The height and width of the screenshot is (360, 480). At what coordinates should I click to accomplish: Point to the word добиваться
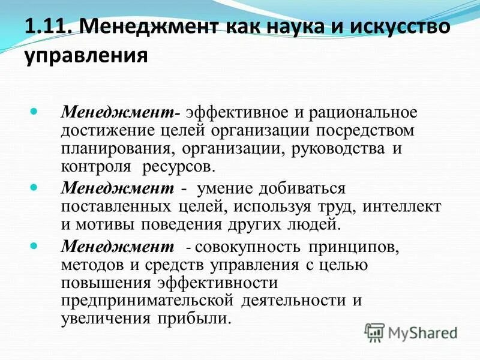click(x=302, y=188)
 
